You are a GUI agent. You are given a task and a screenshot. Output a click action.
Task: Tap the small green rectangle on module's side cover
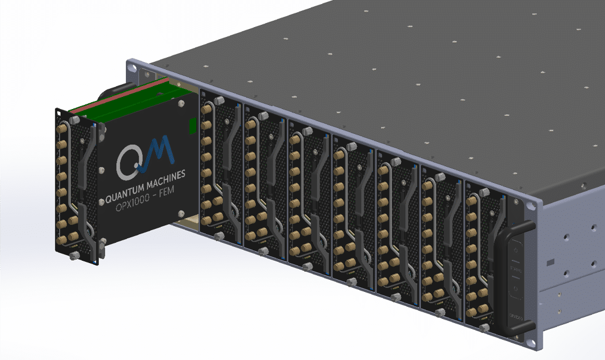click(x=193, y=125)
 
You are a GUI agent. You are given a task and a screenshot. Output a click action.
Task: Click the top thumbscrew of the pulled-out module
click(x=75, y=122)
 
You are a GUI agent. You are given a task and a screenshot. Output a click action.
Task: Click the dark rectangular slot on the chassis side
click(x=551, y=262)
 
